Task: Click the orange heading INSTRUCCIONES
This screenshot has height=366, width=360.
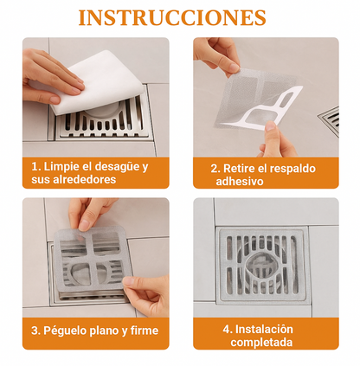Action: (x=172, y=18)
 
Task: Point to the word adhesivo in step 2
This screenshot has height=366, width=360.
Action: (x=240, y=182)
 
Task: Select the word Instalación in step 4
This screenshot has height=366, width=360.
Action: (x=264, y=329)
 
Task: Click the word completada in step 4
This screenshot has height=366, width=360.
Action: (x=261, y=343)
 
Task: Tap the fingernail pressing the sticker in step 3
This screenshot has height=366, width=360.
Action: (x=85, y=225)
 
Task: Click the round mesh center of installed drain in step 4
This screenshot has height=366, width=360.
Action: (x=262, y=266)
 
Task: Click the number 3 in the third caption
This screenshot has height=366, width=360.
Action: (x=35, y=331)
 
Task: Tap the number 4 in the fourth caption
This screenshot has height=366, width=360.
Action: (x=227, y=329)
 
